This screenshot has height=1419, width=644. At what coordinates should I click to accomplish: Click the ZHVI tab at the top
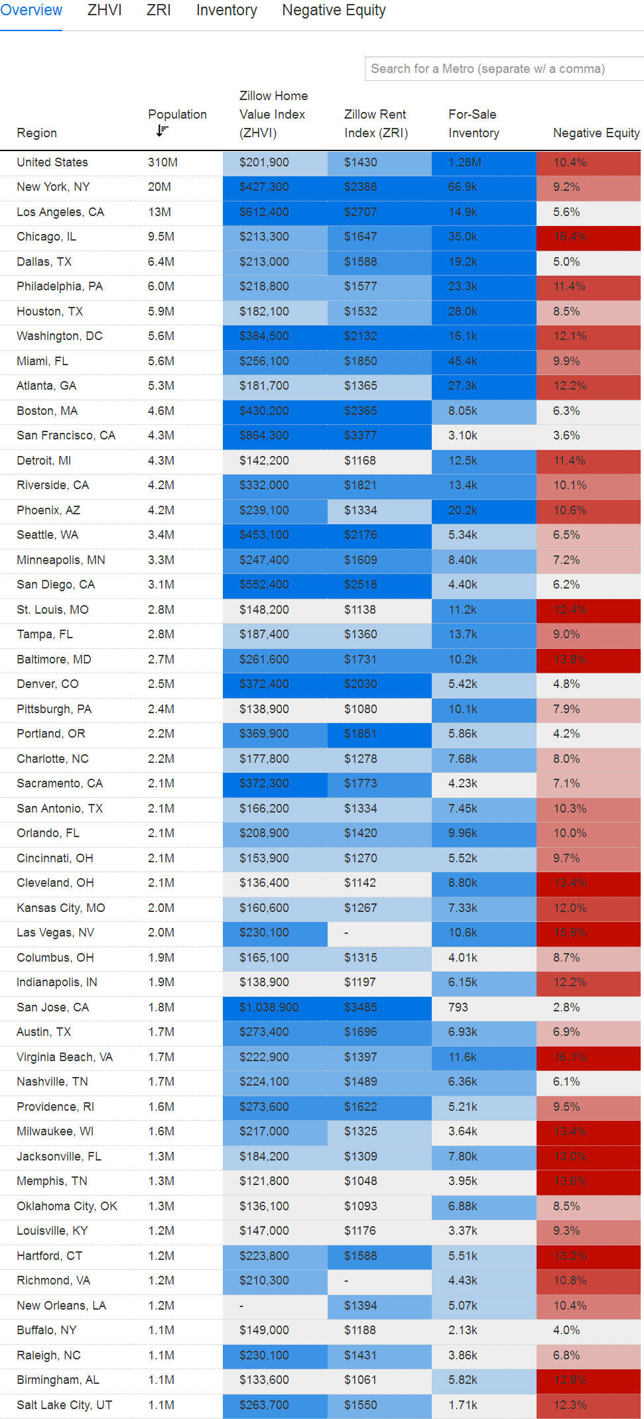point(104,11)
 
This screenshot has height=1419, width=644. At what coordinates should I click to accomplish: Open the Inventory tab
point(226,11)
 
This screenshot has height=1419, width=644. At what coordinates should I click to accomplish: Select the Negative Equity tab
point(334,11)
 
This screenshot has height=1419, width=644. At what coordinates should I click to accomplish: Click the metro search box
point(504,69)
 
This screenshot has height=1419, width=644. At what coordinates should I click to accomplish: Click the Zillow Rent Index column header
point(375,123)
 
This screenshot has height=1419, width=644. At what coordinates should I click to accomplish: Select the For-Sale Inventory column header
point(473,123)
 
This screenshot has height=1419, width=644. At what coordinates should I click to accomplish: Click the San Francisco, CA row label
point(66,435)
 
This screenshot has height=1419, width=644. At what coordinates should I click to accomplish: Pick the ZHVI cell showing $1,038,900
point(269,1007)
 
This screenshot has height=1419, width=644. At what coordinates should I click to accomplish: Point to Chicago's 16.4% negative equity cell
point(570,237)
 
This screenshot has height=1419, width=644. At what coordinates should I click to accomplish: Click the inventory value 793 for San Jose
point(458,1007)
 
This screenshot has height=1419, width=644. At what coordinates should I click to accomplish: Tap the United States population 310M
point(162,162)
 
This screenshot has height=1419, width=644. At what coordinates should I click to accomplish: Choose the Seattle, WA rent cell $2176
point(360,535)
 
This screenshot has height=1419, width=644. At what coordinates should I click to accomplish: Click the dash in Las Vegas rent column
point(347,933)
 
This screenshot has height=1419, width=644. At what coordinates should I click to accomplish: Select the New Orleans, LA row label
point(61,1306)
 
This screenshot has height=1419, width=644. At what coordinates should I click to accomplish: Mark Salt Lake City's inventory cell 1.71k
point(462,1405)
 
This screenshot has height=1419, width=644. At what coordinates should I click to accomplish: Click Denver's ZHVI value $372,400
point(264,684)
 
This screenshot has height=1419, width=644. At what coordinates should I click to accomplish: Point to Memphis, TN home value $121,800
point(264,1181)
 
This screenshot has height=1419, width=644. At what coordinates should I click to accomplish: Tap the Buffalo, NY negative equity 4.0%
point(566,1330)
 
